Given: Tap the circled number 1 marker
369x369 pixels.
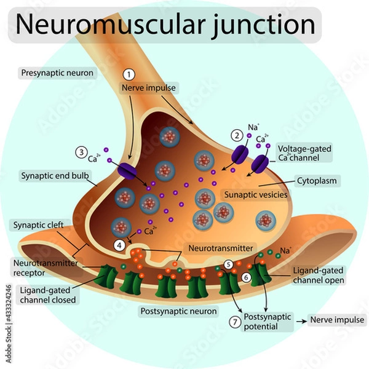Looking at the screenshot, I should (x=129, y=74).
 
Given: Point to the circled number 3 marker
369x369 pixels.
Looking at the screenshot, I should (x=81, y=152).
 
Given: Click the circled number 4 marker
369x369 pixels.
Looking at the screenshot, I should (x=119, y=244).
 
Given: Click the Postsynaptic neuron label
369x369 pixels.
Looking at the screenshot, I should (x=178, y=311).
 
